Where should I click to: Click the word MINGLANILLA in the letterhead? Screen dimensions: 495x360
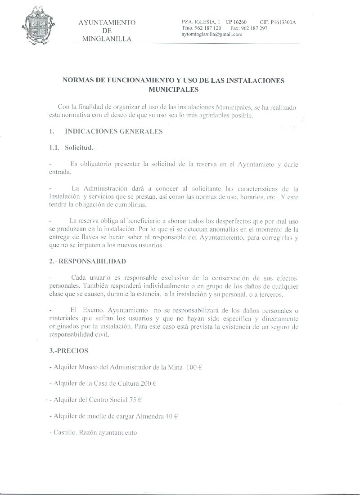tap(107, 39)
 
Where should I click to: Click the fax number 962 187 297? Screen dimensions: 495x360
tap(255, 28)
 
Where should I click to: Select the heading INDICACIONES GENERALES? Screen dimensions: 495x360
tap(113, 132)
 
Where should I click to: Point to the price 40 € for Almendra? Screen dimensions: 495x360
tap(172, 416)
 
